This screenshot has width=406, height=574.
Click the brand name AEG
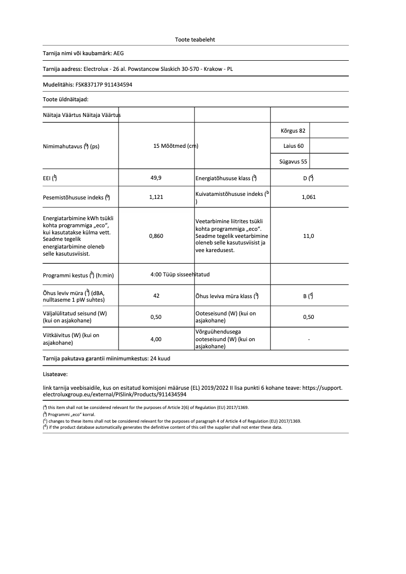[x=118, y=53]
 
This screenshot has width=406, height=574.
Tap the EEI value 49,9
[x=156, y=178]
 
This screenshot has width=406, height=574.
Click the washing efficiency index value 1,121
[x=156, y=197]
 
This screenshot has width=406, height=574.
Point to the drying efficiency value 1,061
[x=308, y=197]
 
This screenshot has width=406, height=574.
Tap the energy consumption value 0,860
[x=156, y=236]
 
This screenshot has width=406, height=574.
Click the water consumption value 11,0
[x=308, y=236]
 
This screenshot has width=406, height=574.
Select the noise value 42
[x=156, y=296]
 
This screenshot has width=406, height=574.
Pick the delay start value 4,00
[x=156, y=339]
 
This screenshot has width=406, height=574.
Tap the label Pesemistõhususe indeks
[x=76, y=197]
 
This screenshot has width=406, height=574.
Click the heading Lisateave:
[x=55, y=375]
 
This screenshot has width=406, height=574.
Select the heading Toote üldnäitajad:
[x=66, y=100]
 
